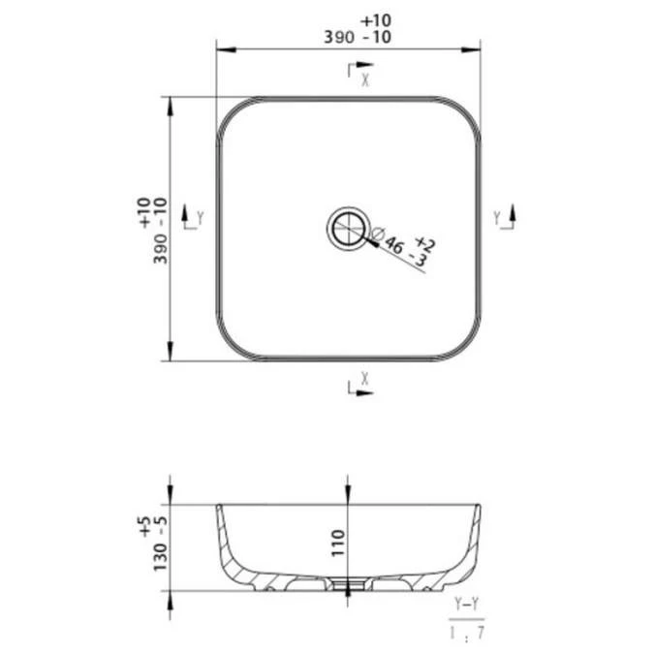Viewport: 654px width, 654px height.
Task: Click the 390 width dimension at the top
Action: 339,38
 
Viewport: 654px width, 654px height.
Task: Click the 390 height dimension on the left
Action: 160,249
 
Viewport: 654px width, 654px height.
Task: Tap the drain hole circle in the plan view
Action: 349,228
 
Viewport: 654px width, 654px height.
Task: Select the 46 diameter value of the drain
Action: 394,245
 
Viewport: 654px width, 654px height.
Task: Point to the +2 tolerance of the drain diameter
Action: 425,243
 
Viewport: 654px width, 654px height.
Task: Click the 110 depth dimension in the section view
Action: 338,543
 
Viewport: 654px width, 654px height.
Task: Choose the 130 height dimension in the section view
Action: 160,558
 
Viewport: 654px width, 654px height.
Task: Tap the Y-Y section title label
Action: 467,603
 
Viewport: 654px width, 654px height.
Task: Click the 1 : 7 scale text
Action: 467,633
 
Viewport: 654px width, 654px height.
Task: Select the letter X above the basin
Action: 365,79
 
